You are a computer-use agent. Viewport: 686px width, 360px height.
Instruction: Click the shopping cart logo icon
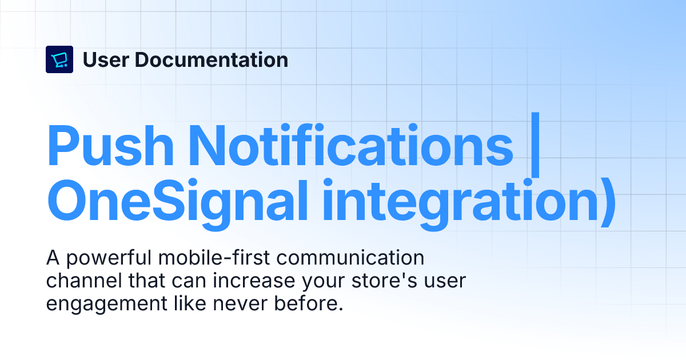[x=59, y=59]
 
